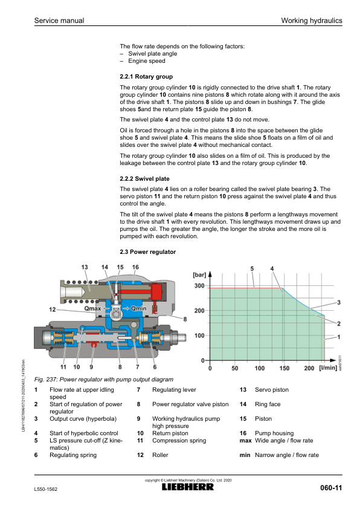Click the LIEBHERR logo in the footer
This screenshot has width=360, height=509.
(x=188, y=487)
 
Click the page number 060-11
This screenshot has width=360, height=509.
(x=331, y=488)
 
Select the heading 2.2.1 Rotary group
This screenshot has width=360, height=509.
(x=146, y=77)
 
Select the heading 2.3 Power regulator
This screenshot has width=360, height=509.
(x=148, y=252)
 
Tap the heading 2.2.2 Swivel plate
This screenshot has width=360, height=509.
(x=144, y=178)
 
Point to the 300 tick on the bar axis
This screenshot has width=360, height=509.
(x=199, y=286)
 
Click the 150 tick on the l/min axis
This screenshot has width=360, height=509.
(x=284, y=368)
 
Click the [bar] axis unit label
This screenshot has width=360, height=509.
(x=199, y=275)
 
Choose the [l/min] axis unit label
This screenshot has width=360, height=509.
(x=328, y=368)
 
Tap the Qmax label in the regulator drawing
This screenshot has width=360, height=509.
(x=93, y=308)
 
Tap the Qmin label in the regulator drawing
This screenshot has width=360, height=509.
(x=138, y=308)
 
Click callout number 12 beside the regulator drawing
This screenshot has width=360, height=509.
(x=52, y=310)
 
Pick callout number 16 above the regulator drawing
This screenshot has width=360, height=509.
(x=135, y=267)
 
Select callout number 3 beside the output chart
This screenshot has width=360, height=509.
(x=339, y=302)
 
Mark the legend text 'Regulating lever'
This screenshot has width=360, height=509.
(x=174, y=389)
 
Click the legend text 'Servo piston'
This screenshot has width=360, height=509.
(x=272, y=389)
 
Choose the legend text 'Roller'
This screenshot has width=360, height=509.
(x=160, y=455)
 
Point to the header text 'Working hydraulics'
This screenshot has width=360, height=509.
(x=312, y=21)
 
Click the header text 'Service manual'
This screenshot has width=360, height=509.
(x=59, y=21)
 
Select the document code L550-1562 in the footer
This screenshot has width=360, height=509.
(x=46, y=489)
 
